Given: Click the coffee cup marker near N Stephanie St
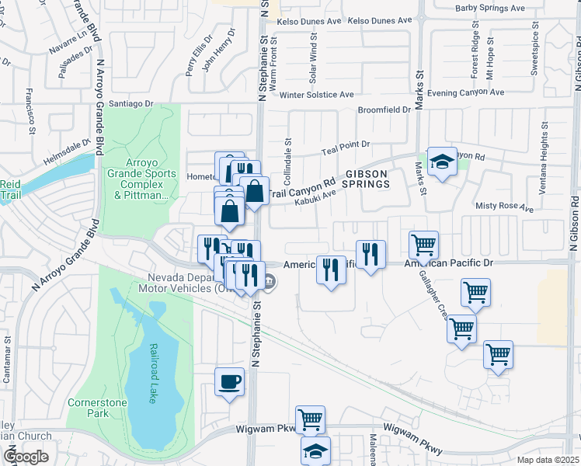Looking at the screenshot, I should [229, 382].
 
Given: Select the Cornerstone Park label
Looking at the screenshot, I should [98, 408].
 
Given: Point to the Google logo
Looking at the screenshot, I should [26, 457].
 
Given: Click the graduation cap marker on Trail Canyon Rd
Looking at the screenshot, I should [442, 162].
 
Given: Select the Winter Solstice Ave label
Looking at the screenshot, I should [317, 95].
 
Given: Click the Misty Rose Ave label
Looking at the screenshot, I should [504, 208].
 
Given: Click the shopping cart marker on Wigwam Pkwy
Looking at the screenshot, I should [310, 419].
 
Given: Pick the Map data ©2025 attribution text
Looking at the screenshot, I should [547, 460].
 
